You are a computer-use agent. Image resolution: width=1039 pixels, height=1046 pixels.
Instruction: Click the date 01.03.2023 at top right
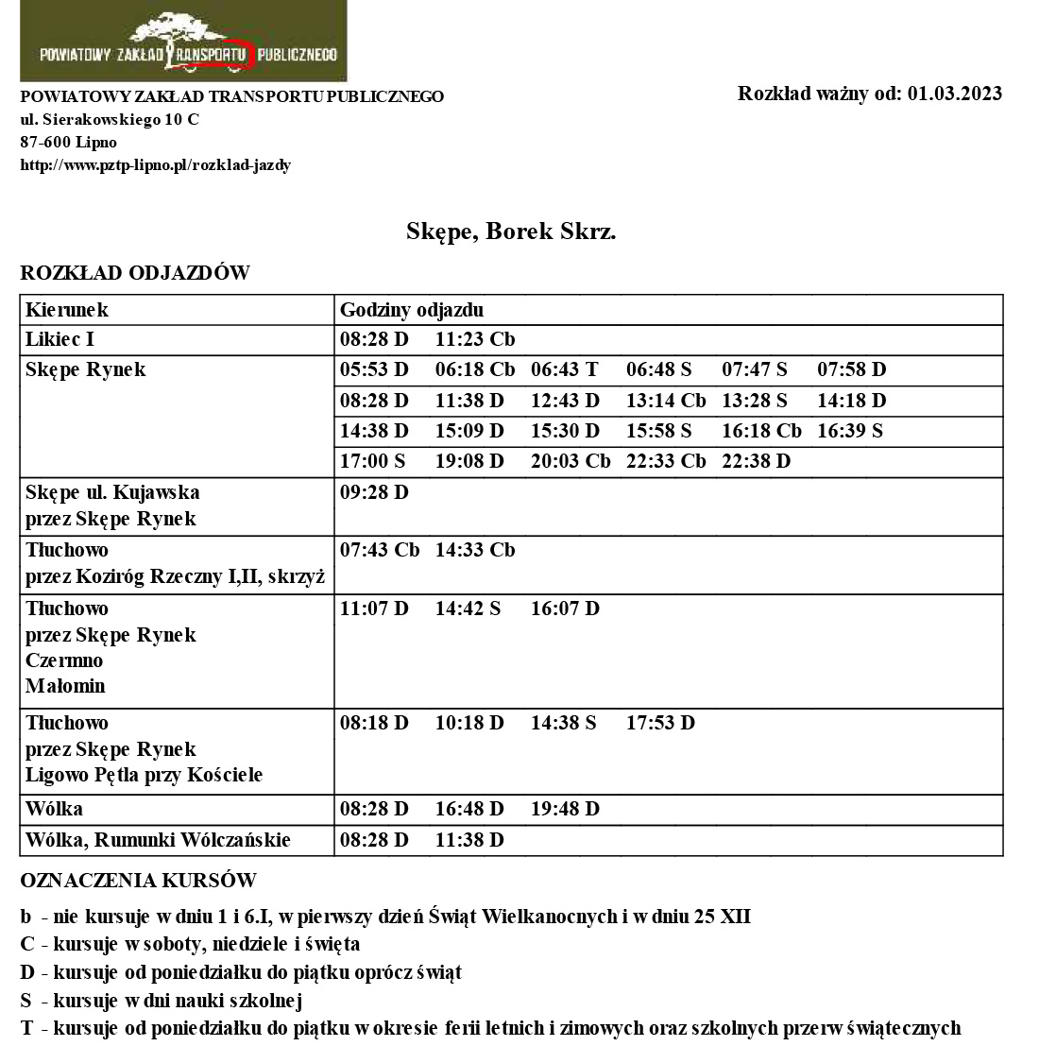pos(954,94)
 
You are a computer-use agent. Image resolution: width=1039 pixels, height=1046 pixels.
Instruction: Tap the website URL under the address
pos(156,165)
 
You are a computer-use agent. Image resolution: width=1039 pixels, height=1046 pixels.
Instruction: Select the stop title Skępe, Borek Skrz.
pos(511,231)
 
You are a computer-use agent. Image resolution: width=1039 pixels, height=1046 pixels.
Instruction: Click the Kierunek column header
pos(67,310)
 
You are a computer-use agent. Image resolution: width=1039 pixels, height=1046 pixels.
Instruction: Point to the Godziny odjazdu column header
pos(412,310)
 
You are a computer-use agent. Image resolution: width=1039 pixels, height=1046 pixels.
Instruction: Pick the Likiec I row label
pos(60,339)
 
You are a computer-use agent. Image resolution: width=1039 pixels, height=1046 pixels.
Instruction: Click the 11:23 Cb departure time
pos(474,339)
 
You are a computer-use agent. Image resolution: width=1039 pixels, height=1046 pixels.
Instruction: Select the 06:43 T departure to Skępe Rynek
pos(564,369)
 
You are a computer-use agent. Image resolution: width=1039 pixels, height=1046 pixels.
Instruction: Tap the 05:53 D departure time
pos(374,369)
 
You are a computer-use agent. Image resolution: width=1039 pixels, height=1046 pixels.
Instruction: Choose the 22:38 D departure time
pos(756,461)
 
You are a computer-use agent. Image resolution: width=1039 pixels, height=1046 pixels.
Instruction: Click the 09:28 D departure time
pos(374,492)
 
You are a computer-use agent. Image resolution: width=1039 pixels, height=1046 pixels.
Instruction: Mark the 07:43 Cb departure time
pos(379,550)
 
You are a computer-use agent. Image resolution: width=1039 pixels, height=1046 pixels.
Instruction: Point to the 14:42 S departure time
pos(468,609)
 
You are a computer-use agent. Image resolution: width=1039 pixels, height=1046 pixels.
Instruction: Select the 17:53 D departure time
pos(660,723)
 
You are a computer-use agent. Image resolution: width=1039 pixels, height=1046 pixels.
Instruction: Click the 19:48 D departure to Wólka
pos(565,809)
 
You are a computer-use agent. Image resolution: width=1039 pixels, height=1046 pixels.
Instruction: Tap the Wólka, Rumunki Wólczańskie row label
pos(158,840)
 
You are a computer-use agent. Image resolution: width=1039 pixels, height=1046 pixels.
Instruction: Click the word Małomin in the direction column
pos(66,686)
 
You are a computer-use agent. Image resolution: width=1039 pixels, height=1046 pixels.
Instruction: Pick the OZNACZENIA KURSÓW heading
pos(138,881)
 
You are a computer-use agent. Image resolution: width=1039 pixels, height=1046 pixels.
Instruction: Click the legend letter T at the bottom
pos(26,1028)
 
